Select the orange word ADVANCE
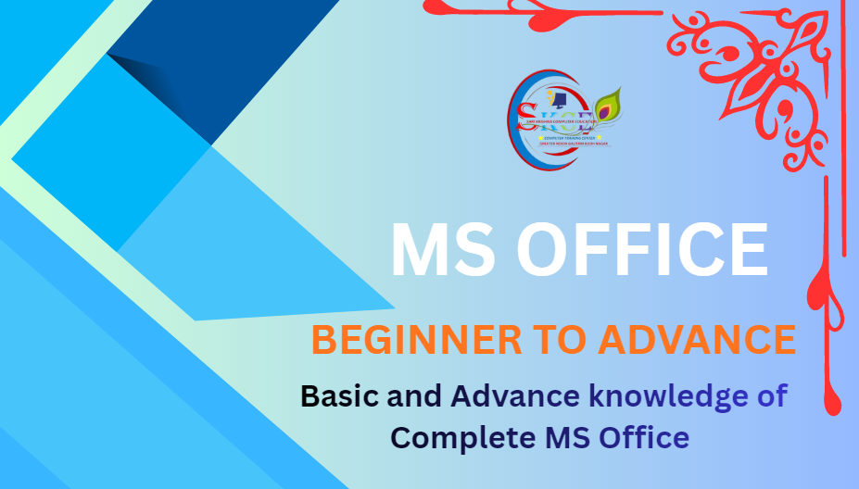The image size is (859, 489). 697,340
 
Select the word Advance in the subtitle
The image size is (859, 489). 516,396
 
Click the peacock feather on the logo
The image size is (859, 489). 607,108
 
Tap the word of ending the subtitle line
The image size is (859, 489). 770,396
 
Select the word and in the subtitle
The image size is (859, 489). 416,396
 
